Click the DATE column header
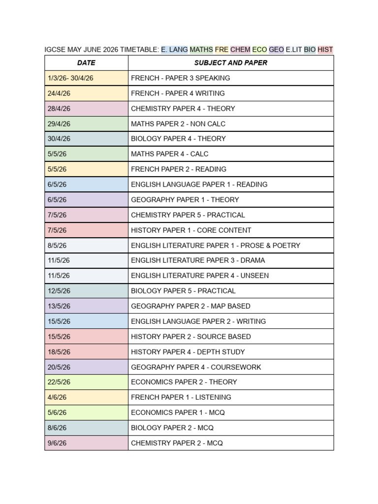pos(86,63)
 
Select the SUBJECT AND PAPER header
pos(231,63)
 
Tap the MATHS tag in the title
pos(201,50)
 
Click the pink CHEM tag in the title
pos(240,50)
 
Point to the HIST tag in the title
pos(325,50)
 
